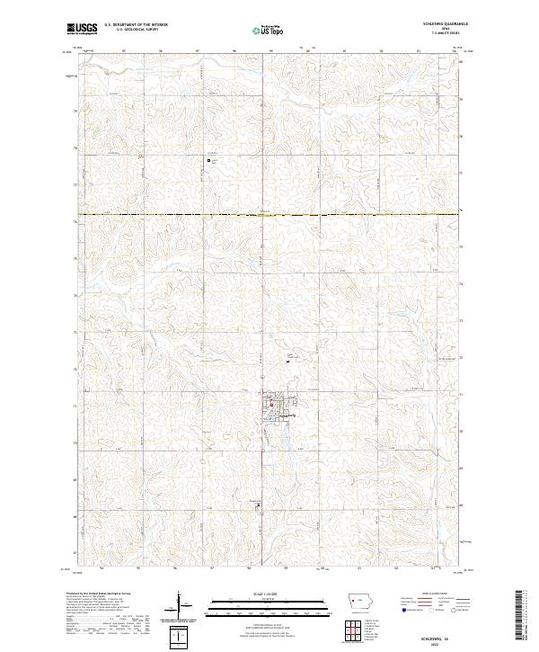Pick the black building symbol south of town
[260, 505]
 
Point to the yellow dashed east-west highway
[269, 215]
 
